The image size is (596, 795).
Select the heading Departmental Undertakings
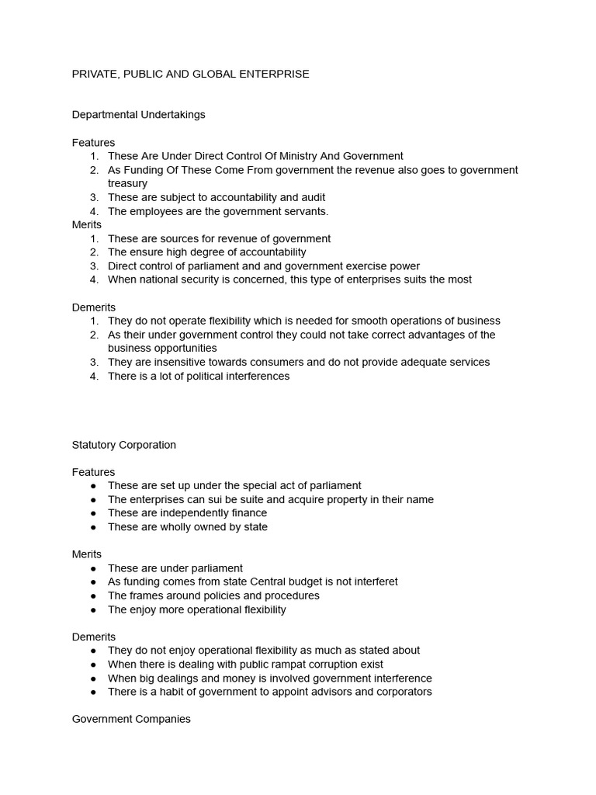click(x=138, y=115)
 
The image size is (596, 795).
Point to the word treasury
click(x=127, y=183)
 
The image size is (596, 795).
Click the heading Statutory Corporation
click(x=124, y=445)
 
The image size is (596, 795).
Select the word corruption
click(x=315, y=664)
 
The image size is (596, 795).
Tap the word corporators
click(x=402, y=692)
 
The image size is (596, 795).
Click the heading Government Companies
click(x=131, y=719)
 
